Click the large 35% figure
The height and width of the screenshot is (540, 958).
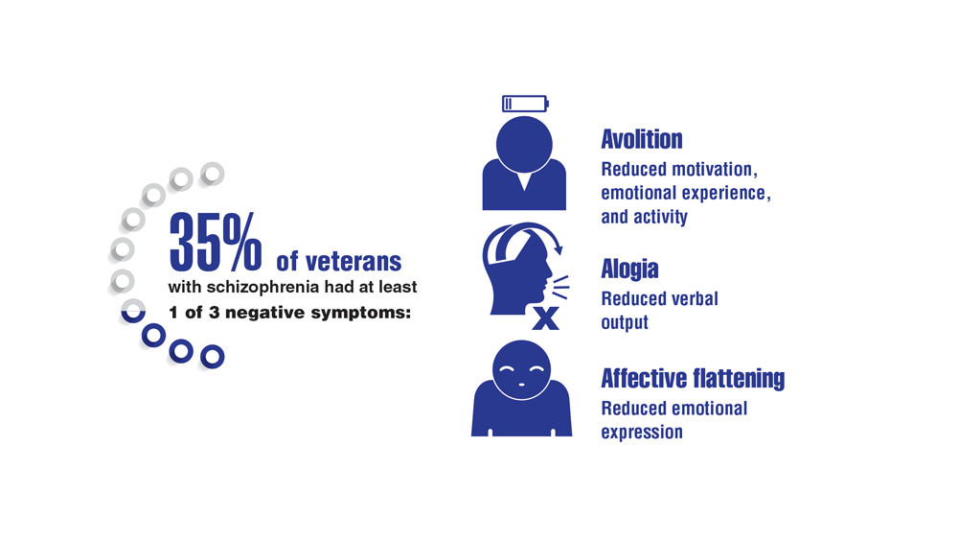click(x=215, y=242)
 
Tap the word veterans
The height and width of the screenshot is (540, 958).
click(x=354, y=262)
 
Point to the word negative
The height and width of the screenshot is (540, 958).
click(x=265, y=313)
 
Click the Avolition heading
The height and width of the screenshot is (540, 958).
click(x=642, y=139)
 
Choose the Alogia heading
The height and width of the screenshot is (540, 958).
click(x=629, y=270)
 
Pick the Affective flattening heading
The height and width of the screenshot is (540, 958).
click(x=693, y=379)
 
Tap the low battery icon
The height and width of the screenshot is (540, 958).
click(x=525, y=104)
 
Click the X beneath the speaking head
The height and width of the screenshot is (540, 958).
click(x=545, y=318)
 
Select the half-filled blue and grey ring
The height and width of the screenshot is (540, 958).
click(x=133, y=311)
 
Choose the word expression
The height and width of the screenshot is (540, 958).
click(x=642, y=433)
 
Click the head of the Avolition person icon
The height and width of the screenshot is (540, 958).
click(x=524, y=145)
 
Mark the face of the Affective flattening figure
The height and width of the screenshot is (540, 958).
click(x=522, y=370)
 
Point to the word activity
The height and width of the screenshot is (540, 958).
click(x=660, y=217)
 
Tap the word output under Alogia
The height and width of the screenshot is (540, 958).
click(x=625, y=323)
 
